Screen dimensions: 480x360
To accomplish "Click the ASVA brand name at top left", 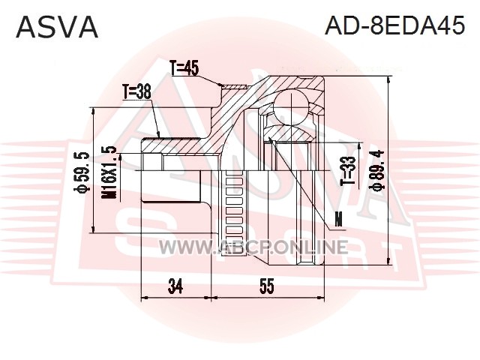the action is point(57,27).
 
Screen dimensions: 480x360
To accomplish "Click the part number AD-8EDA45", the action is point(395,25).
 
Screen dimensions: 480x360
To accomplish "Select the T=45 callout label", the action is point(184,68).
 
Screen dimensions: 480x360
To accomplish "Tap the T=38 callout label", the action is point(136,91).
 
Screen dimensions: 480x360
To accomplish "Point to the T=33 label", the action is point(349,171).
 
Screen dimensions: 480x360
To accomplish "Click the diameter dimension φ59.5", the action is point(82,172).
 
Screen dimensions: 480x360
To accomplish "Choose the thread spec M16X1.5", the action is point(109,172).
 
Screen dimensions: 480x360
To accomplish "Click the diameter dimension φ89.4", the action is point(376,170).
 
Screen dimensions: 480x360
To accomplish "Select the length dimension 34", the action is point(175,286).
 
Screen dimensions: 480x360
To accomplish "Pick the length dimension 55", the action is point(267,286).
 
